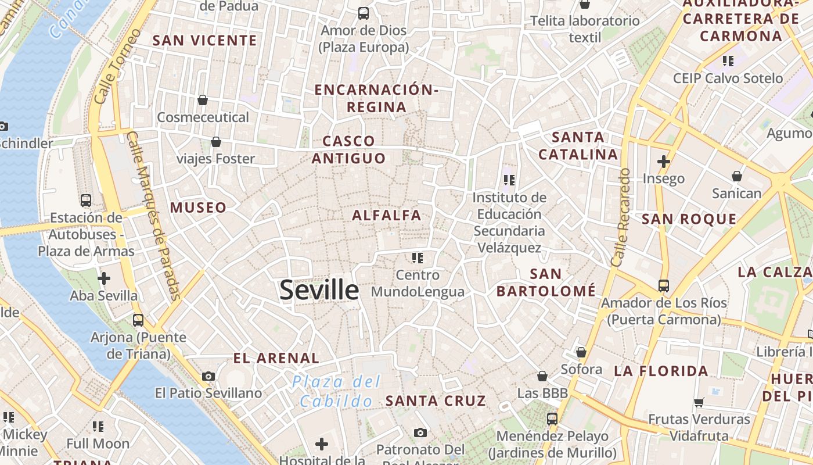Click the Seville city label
(x=319, y=289)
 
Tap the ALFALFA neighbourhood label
(x=387, y=215)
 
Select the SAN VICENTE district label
(x=204, y=40)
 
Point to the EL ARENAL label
(x=276, y=358)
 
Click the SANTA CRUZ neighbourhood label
(x=436, y=400)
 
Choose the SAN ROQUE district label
(x=689, y=219)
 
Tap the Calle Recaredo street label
(x=621, y=217)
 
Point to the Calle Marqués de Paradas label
(x=154, y=215)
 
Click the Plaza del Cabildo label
(x=336, y=391)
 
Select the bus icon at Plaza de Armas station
(x=86, y=201)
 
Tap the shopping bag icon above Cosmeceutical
(x=203, y=100)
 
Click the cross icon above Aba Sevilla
(x=104, y=278)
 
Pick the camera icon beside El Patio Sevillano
(x=208, y=376)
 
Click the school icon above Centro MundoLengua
(x=418, y=257)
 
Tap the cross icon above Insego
(x=663, y=161)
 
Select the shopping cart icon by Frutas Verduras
(x=699, y=402)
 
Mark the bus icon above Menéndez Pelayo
(x=552, y=419)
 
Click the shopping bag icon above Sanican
(x=736, y=176)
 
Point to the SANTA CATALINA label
(x=578, y=146)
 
